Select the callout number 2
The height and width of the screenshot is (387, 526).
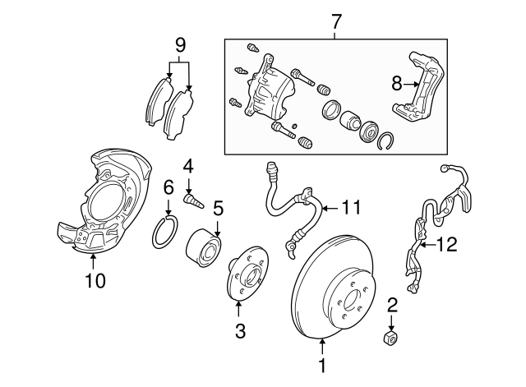pyautogui.click(x=392, y=306)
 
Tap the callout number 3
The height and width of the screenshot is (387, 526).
pyautogui.click(x=238, y=332)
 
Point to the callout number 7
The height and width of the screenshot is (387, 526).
pyautogui.click(x=335, y=19)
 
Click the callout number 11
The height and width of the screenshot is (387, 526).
pyautogui.click(x=351, y=208)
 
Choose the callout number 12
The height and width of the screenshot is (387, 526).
pyautogui.click(x=445, y=243)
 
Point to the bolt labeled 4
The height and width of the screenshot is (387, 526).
pyautogui.click(x=194, y=199)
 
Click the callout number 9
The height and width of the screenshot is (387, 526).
pyautogui.click(x=179, y=45)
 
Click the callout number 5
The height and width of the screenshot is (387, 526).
pyautogui.click(x=218, y=209)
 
